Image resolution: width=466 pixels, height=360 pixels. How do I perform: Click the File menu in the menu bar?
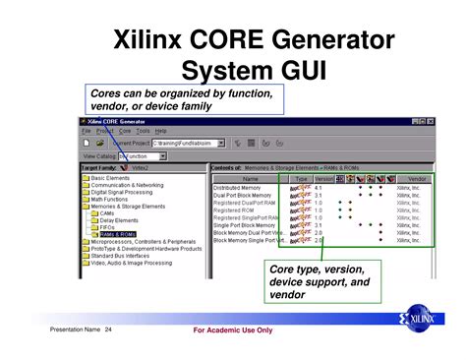click(87, 130)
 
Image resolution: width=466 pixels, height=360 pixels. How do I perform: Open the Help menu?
click(161, 130)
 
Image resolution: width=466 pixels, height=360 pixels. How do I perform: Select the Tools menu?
click(143, 130)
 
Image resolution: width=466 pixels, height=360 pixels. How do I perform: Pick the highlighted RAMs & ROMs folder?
click(119, 234)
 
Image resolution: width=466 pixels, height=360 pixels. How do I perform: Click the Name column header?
click(251, 178)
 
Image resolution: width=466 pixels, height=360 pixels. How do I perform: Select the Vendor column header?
click(417, 178)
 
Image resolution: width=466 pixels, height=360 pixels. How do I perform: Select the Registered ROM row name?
click(235, 210)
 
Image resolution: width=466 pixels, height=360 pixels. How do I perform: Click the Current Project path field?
click(187, 143)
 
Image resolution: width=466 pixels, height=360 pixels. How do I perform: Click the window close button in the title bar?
click(430, 121)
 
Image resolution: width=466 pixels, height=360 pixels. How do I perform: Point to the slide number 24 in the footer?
click(108, 329)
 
